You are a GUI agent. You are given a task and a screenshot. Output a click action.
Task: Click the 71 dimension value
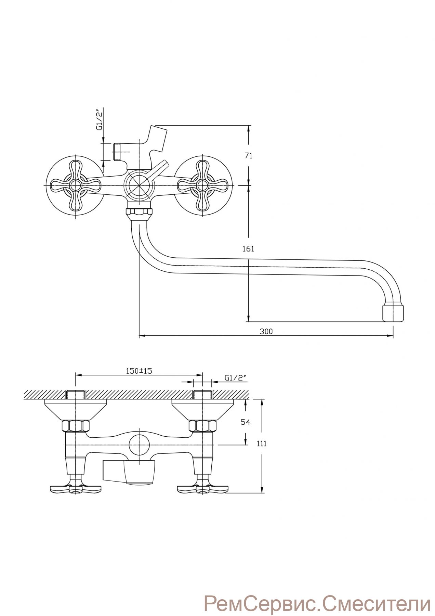pos(249,156)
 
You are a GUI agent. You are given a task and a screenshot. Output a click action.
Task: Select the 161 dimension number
pos(249,249)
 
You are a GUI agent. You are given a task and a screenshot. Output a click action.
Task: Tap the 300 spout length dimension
pos(266,331)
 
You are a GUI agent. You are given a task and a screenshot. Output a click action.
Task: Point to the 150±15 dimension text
pos(139,371)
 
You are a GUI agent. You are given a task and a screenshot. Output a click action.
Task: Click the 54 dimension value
pos(246,422)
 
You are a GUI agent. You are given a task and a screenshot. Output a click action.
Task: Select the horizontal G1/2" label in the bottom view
pos(236,378)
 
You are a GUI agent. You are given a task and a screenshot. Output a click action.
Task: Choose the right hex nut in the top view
pos(203,426)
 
